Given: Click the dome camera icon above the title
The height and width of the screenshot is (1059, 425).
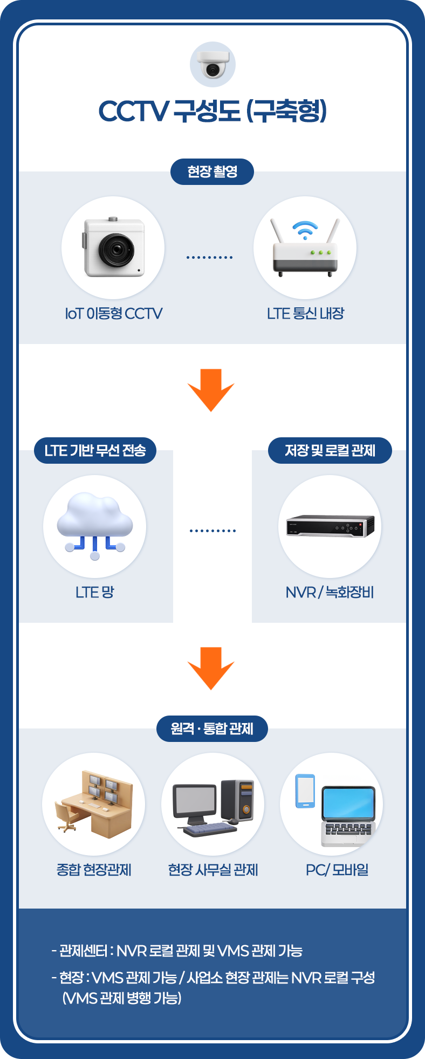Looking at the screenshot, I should tap(212, 64).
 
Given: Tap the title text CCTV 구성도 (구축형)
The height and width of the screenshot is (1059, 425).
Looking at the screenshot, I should tap(212, 111).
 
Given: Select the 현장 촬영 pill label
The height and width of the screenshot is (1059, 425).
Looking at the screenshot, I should tap(212, 171).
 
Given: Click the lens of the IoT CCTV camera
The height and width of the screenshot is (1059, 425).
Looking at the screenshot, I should tap(116, 250).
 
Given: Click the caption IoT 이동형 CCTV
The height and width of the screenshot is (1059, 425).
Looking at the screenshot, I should tap(113, 314).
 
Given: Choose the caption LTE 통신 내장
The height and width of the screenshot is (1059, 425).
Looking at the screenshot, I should tap(305, 314).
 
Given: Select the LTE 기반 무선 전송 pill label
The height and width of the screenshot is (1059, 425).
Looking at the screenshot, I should tap(95, 450).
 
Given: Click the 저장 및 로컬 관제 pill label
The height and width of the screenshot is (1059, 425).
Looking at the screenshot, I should tap(330, 450).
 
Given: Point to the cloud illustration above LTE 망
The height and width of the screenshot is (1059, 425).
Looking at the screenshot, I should tap(95, 517).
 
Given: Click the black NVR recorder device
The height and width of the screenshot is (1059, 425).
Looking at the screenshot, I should tap(330, 526).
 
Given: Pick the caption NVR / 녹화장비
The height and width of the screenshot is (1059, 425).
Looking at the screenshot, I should tap(330, 593).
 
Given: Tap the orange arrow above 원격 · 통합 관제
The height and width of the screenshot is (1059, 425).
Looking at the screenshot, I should tap(211, 668).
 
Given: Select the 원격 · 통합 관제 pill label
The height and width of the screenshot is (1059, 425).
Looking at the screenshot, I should tap(212, 728).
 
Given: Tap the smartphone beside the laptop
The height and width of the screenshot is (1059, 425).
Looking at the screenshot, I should tap(305, 791).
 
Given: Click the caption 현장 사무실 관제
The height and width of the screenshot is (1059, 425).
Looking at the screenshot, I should tap(213, 870).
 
